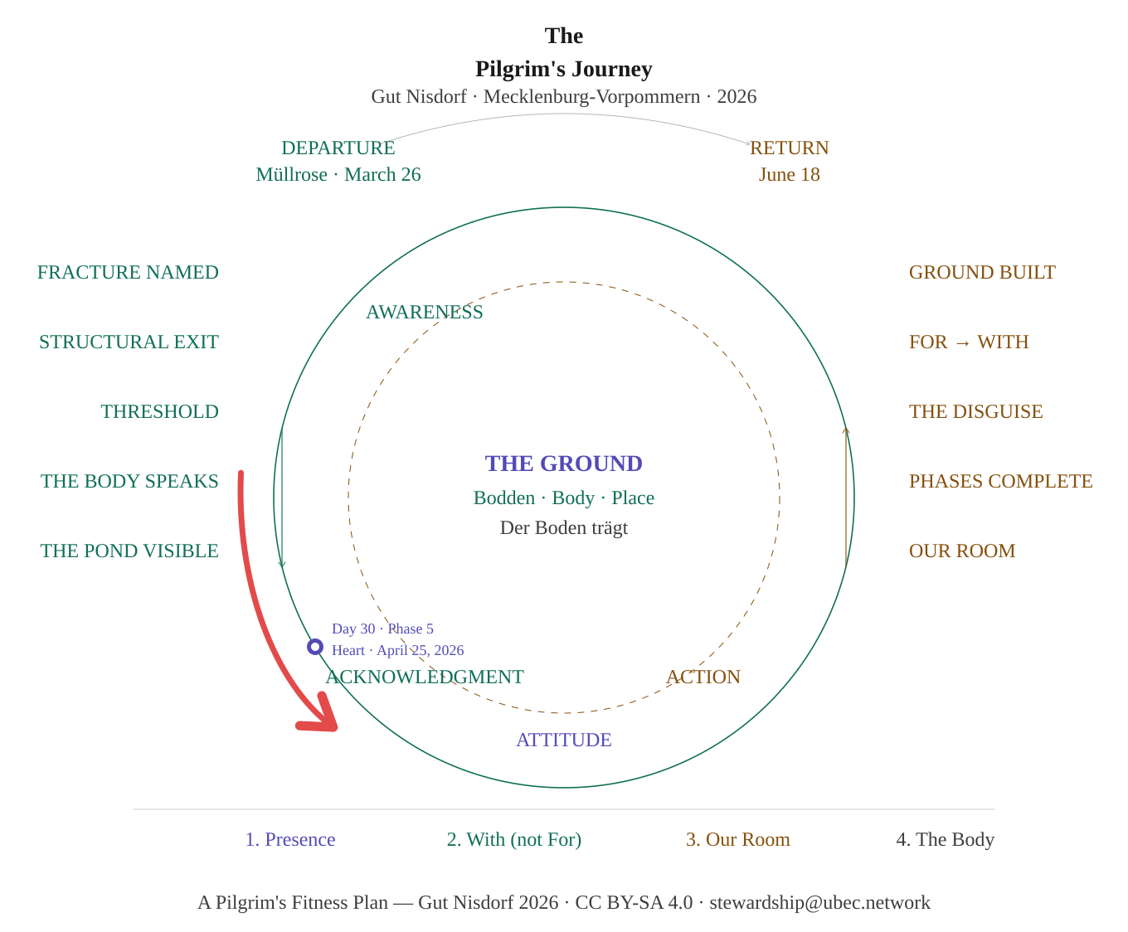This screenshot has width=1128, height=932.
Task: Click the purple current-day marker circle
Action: point(315,647)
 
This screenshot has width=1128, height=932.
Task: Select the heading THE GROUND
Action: point(563,464)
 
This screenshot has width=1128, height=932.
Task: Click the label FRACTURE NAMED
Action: point(128,272)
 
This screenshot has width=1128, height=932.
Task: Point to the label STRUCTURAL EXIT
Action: point(129,342)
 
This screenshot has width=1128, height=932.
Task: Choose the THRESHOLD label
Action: point(160,411)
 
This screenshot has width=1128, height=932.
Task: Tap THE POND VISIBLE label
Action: point(129,551)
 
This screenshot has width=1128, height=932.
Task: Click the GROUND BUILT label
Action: point(982,272)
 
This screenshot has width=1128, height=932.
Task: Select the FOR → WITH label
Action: point(969,342)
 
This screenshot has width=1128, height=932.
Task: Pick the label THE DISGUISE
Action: point(975,411)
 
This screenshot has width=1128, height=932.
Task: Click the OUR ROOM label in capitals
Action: point(962,551)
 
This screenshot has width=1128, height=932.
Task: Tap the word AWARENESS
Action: point(425,312)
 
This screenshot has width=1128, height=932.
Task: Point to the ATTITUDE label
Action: point(564,740)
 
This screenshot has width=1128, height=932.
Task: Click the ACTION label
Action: point(703,677)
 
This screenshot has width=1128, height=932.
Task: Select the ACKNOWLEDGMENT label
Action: point(425,677)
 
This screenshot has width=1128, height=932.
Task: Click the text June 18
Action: point(790,174)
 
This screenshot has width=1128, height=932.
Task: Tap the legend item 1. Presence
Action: point(290,839)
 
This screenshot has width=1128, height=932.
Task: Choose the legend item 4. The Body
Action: point(945,839)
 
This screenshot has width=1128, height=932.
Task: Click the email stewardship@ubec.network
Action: point(819,902)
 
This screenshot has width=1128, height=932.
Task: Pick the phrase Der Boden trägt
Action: point(564,527)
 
